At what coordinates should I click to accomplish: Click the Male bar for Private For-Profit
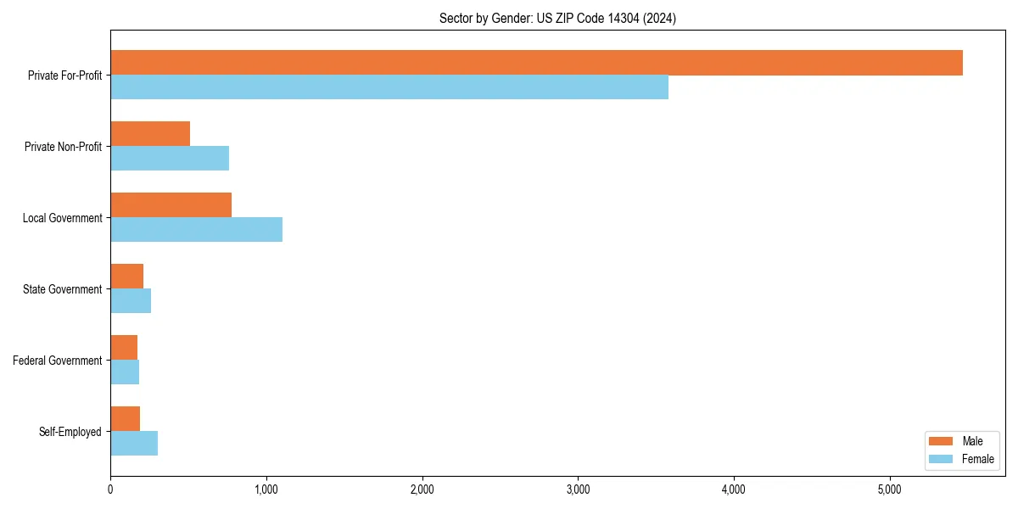coord(536,63)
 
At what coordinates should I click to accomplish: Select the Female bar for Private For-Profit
coord(389,87)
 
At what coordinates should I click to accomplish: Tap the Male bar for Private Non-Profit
coord(150,134)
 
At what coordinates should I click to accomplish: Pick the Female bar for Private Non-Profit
coord(170,159)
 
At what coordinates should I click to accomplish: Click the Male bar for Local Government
coord(171,205)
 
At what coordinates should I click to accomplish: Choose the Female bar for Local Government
coord(196,230)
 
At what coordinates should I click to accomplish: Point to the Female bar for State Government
coord(131,301)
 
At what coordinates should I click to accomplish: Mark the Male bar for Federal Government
coord(124,348)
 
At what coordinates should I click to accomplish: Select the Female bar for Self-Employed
coord(134,444)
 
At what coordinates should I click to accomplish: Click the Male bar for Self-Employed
coord(125,419)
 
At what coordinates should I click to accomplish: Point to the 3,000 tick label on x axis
coord(578,489)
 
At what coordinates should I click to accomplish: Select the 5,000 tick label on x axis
coord(889,489)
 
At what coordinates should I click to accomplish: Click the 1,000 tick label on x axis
coord(266,489)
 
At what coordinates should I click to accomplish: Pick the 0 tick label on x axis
coord(110,489)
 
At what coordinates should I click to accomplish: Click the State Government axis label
coord(62,289)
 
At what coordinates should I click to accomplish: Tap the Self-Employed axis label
coord(70,432)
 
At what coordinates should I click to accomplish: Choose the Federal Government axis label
coord(57,361)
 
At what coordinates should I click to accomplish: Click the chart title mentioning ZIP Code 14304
coord(557,18)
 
